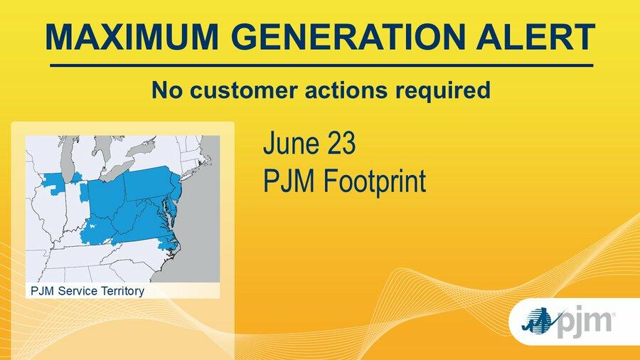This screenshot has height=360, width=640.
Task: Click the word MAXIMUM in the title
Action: tap(132, 37)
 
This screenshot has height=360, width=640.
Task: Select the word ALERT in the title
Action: tap(535, 37)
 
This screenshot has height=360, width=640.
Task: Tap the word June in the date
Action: tap(291, 143)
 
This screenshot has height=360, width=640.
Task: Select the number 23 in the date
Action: tap(341, 143)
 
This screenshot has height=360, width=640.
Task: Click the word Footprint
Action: tap(375, 181)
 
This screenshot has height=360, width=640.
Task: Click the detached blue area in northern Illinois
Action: tap(54, 182)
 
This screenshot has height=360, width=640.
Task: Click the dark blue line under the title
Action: tap(321, 65)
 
